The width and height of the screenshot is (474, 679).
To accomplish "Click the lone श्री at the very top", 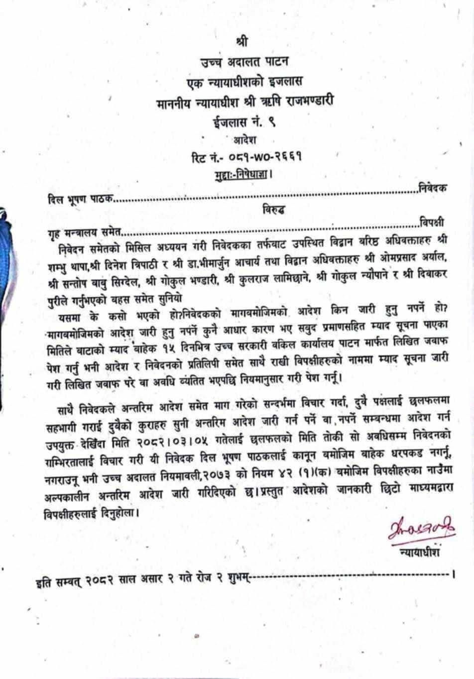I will coord(241,41).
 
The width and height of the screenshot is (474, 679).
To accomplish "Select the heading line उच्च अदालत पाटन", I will coord(244,62).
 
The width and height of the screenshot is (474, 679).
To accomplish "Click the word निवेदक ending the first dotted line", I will coord(432,188).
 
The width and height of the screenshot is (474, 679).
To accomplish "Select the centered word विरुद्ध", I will coord(274,210).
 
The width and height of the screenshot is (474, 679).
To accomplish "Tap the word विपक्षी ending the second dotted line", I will coord(432,222).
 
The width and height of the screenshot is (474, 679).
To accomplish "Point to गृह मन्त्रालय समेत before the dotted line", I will coord(84,231).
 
